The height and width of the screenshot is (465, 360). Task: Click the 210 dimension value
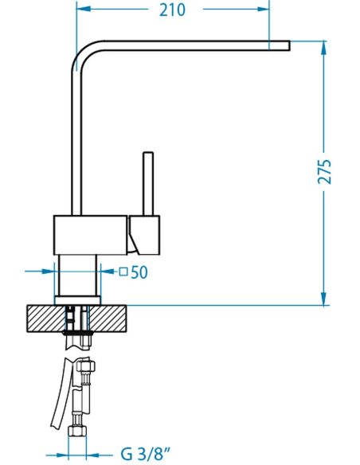pos(172,10)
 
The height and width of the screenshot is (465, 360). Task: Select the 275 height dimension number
pos(324,172)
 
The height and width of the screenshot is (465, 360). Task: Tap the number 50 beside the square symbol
pos(139,272)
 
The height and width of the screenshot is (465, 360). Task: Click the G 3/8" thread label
pos(146,454)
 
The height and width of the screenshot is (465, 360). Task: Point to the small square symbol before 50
pos(123,272)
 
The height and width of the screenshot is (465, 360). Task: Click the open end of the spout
pos(289,45)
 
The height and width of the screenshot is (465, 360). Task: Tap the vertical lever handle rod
pos(148,184)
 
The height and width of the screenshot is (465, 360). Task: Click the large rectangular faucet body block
pos(91,235)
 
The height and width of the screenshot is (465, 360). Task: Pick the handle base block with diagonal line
pos(144,235)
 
